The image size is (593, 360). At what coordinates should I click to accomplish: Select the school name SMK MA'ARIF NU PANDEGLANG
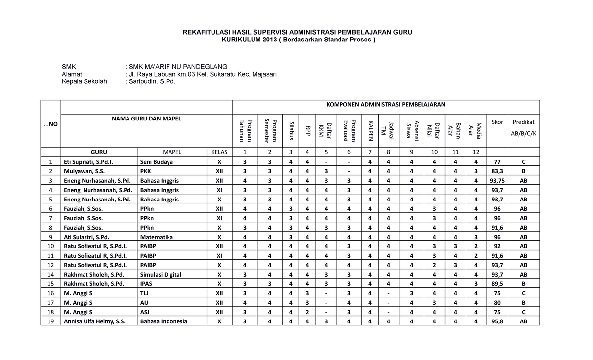point(177,66)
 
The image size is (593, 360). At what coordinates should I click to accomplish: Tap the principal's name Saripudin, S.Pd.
point(152,82)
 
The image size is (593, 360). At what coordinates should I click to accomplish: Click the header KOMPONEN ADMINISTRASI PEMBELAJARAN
point(385,105)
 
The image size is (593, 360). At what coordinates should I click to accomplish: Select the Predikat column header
point(523,122)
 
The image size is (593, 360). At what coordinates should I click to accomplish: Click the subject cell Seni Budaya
point(157,162)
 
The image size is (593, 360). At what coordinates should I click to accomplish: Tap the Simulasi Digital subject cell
point(161,275)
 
